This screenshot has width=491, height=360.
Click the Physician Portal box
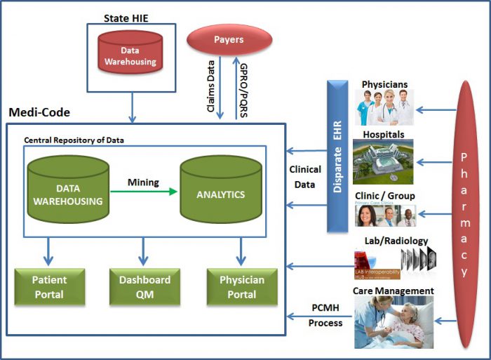241,286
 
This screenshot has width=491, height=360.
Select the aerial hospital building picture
383,161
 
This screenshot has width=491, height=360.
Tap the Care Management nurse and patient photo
394,322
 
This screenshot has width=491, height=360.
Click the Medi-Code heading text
39,112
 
